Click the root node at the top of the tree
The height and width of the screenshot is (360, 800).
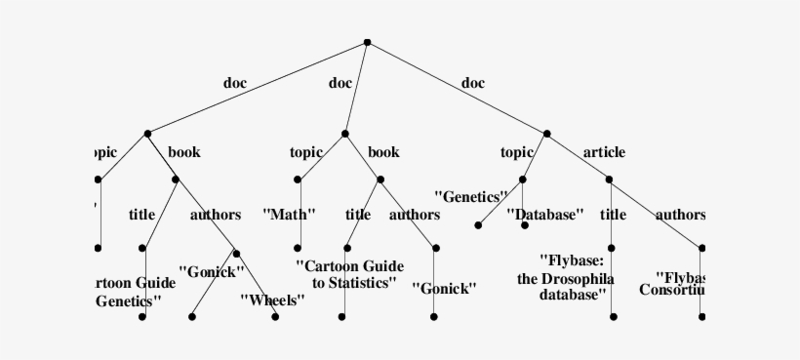coord(367,42)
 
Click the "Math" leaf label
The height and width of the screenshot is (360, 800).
coord(290,214)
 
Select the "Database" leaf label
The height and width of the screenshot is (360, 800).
coord(544,214)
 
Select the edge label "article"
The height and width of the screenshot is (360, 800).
coord(604,152)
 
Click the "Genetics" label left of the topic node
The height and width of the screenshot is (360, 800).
coord(471,196)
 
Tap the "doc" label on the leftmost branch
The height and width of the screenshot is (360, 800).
coord(235,83)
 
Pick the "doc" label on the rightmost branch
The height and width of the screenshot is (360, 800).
coord(472,83)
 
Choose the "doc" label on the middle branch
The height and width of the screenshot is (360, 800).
coord(340,83)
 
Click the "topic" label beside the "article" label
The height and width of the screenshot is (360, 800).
coord(517,152)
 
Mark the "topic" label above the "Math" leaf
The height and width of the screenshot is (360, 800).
coord(306,152)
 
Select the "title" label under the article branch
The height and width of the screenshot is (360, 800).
coord(613,215)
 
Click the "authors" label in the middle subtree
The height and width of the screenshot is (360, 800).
coord(415,215)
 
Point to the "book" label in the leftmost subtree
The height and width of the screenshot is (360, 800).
coord(184,152)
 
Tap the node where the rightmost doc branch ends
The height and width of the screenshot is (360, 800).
coord(547,133)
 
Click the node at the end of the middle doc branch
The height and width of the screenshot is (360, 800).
coord(344,133)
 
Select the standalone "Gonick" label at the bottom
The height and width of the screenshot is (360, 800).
coord(444,288)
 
